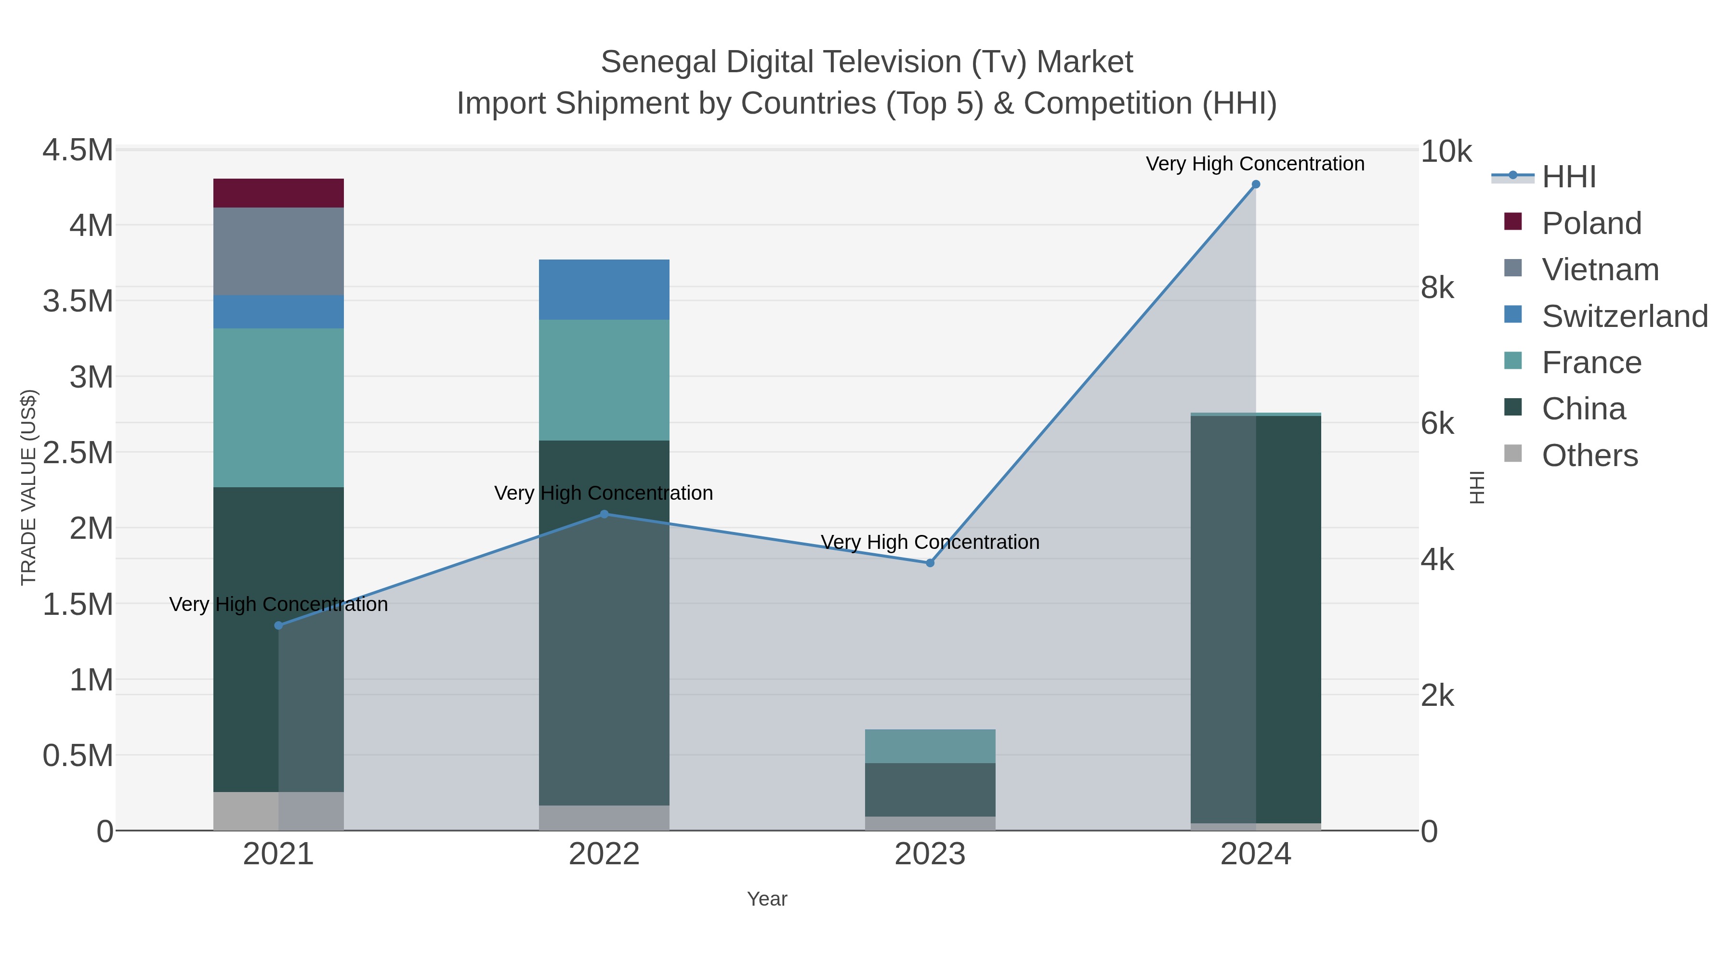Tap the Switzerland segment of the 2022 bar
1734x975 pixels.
604,289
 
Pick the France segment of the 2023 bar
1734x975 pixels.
930,746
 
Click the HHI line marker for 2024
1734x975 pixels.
1255,184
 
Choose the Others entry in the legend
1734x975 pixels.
1589,455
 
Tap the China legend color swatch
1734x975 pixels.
1512,407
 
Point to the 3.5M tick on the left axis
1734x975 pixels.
78,301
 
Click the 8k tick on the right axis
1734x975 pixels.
1437,288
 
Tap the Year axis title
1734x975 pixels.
767,899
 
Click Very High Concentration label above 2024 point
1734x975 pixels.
1255,164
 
